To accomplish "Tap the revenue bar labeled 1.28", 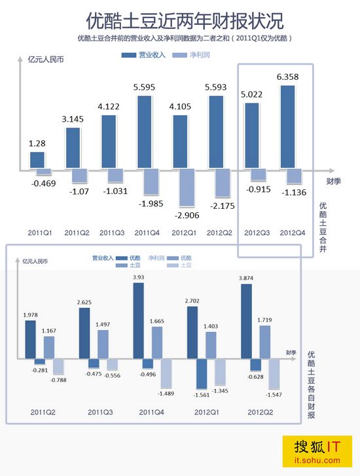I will click(37, 160).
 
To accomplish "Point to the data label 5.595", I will click(144, 87).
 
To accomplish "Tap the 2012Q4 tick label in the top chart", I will click(292, 232).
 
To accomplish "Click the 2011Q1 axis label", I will click(40, 232).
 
